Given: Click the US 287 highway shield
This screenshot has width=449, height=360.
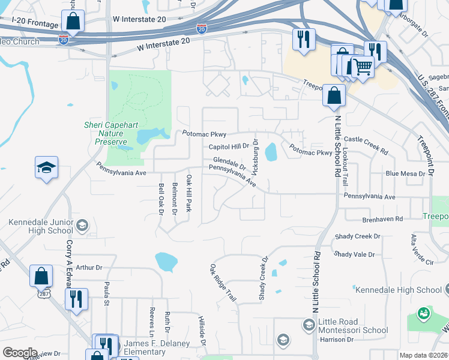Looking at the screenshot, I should coord(43,294).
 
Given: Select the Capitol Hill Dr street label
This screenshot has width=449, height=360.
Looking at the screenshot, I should coord(228,146).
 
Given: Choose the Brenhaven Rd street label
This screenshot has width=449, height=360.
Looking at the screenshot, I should coord(382,219).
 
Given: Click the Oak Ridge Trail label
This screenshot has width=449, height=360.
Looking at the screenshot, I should coord(223,282).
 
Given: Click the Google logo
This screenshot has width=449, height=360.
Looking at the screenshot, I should coord(20,353).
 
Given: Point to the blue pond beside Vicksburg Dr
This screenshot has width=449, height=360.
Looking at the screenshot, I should coord(271,152).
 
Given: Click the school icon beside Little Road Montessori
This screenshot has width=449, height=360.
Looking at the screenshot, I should coord(309,325).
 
